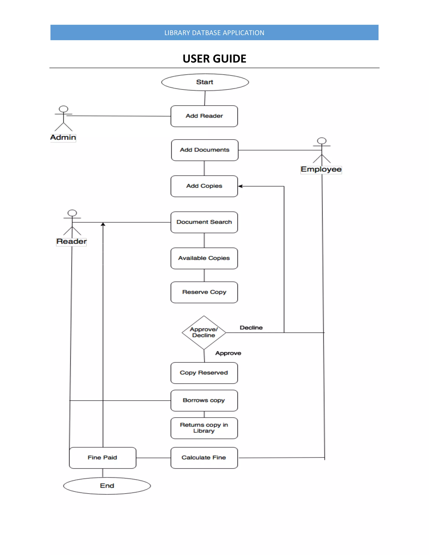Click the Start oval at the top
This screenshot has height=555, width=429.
205,82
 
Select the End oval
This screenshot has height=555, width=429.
107,486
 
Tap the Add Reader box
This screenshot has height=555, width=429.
204,116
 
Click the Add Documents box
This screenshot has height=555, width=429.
205,150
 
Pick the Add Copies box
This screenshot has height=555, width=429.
204,186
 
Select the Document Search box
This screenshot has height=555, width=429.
204,222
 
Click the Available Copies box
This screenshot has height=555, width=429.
204,258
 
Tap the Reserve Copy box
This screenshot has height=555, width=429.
204,292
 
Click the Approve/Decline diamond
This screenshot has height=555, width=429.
204,332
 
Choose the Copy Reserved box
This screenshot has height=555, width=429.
204,373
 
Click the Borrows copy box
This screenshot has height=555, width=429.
204,400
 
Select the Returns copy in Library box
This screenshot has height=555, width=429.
204,428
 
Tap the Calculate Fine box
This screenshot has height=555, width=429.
204,458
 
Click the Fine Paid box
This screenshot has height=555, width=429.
102,458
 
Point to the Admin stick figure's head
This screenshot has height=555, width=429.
63,109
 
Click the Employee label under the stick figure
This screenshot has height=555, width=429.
321,169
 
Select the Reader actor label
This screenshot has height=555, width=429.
71,241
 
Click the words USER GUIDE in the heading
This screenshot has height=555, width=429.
214,59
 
